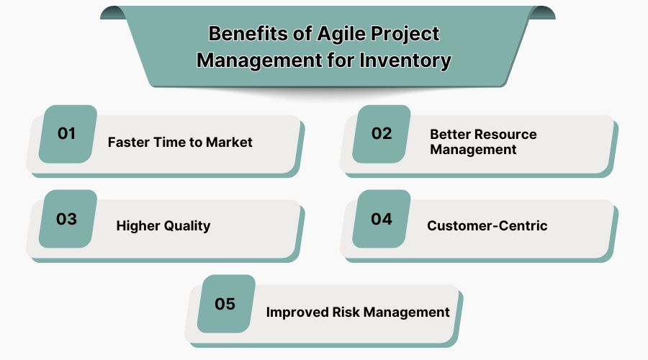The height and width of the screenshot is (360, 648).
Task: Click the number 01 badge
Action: [67, 133]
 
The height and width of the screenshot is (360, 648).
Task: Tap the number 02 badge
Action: [382, 133]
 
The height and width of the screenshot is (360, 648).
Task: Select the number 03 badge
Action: [67, 218]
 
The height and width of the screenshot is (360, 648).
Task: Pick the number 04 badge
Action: [382, 218]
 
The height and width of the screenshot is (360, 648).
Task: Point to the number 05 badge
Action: [225, 303]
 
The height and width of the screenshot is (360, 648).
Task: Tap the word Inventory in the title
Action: [406, 60]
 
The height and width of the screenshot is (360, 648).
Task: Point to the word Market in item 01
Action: [229, 142]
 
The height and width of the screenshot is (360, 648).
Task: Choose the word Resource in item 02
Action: [504, 135]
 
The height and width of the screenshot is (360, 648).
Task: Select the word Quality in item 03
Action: [186, 225]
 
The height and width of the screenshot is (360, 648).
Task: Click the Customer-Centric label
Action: [487, 225]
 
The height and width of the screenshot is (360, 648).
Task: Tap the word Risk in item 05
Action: [343, 312]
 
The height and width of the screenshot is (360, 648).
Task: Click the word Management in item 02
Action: [473, 150]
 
